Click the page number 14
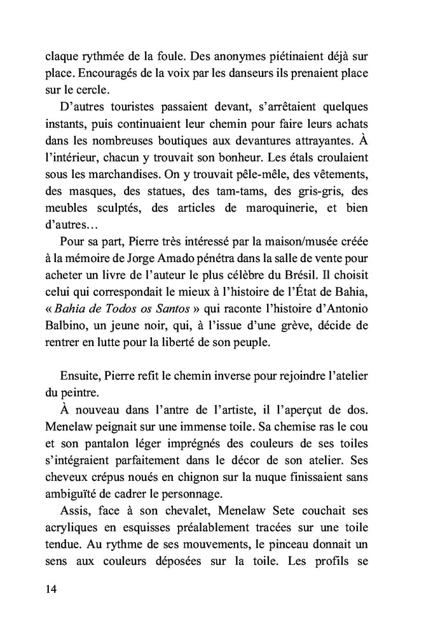[x=51, y=590]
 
